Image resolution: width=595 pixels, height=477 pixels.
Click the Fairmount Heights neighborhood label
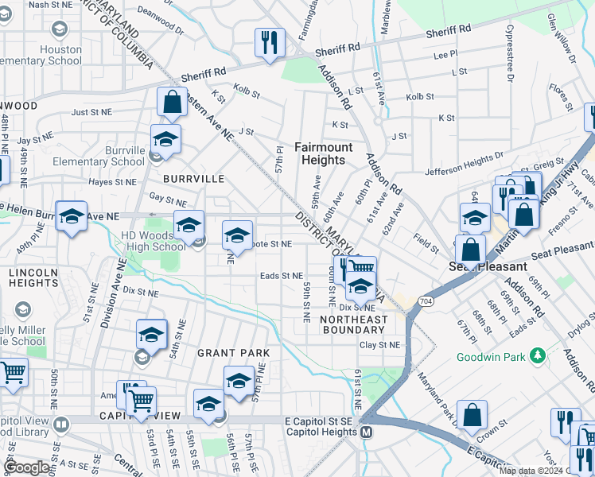click(x=321, y=153)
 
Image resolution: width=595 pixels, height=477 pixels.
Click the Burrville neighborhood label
click(x=194, y=179)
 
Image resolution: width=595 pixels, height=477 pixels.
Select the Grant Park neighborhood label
click(x=233, y=352)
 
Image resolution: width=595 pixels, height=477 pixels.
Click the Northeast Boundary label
click(x=353, y=324)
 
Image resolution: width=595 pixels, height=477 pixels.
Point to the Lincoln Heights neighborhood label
click(x=33, y=278)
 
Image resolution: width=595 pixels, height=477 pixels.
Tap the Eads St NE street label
click(x=282, y=276)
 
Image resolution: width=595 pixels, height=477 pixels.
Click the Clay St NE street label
click(x=379, y=345)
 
